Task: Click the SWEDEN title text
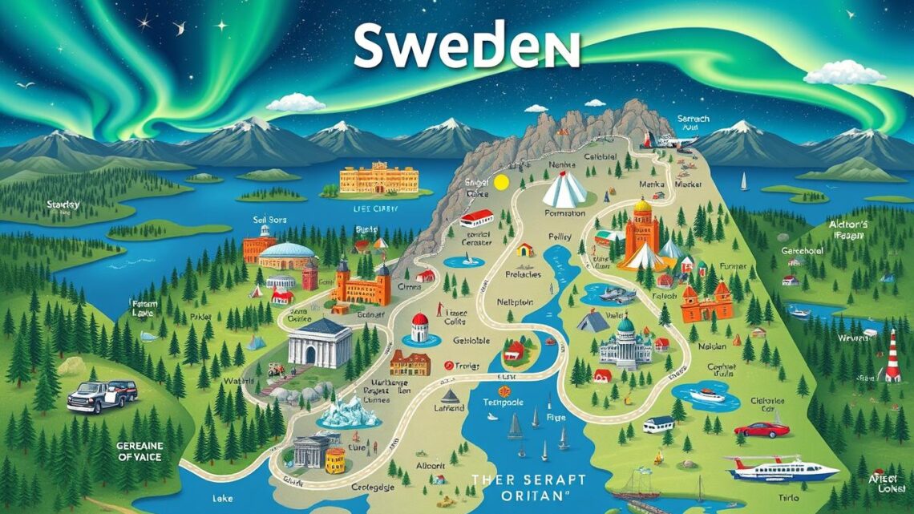(466, 47)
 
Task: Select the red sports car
(762, 429)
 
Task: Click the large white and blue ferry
(781, 468)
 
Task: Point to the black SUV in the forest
(102, 395)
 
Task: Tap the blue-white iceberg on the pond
(351, 411)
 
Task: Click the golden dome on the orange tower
(642, 207)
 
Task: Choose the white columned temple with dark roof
(319, 342)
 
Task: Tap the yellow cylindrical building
(335, 460)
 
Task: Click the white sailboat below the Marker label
(743, 183)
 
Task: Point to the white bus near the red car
(657, 423)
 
